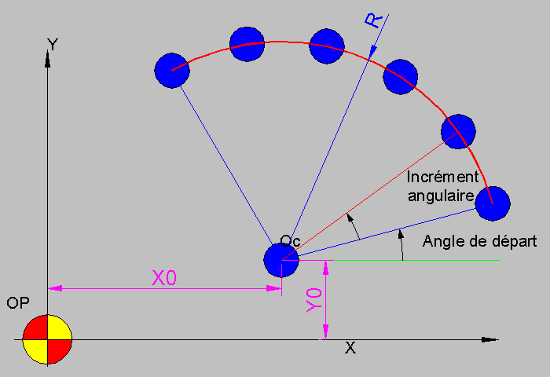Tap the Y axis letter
(53, 45)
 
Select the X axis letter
(350, 348)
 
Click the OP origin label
(18, 303)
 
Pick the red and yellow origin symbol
(47, 339)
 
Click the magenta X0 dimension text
(164, 278)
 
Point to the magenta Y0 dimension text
(314, 300)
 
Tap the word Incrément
(442, 177)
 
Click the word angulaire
(442, 196)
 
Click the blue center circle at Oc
(281, 260)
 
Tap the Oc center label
(290, 240)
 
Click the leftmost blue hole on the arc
(172, 71)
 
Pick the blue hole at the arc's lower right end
(493, 203)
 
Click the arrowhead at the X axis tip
(490, 339)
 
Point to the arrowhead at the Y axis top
(47, 59)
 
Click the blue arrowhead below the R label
(372, 52)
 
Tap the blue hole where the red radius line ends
(458, 131)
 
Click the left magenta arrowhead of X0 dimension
(55, 288)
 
